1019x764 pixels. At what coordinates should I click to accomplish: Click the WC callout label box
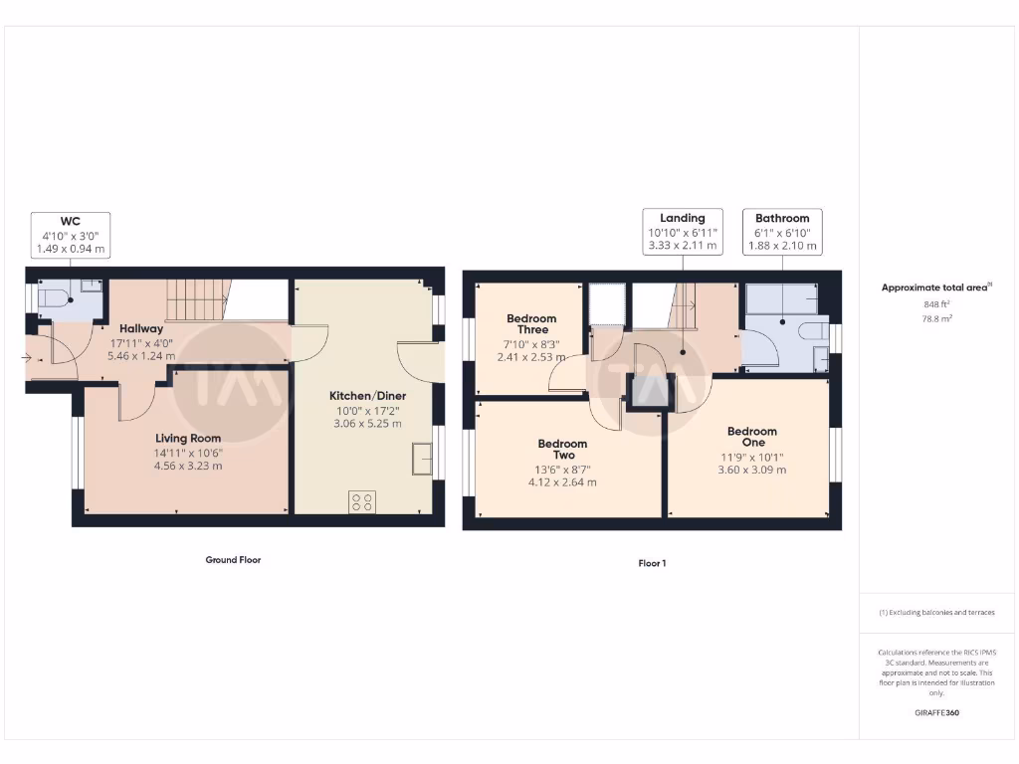point(70,237)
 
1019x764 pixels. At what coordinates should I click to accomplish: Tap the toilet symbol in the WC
point(57,295)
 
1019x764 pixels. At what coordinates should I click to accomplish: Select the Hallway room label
point(141,328)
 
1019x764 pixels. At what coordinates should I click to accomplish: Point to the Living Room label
point(188,438)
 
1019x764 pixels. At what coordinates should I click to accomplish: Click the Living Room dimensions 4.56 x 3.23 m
point(188,466)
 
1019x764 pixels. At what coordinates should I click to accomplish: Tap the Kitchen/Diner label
point(367,395)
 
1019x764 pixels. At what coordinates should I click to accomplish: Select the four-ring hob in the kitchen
point(361,502)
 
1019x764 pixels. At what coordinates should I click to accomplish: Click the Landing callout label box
point(683,232)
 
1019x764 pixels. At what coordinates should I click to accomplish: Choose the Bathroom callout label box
point(782,232)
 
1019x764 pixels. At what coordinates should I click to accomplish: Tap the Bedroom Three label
point(531,325)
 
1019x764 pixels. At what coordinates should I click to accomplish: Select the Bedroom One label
point(751,437)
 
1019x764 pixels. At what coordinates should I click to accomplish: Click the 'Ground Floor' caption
point(233,560)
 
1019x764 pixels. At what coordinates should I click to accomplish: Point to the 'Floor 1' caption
point(652,563)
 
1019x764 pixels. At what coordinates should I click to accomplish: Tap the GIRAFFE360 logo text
point(935,712)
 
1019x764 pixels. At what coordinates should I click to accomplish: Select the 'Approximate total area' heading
point(935,287)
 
